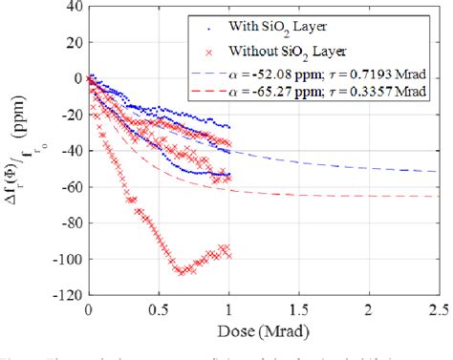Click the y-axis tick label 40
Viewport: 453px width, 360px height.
coord(72,8)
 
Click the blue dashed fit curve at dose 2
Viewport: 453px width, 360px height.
coord(370,167)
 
